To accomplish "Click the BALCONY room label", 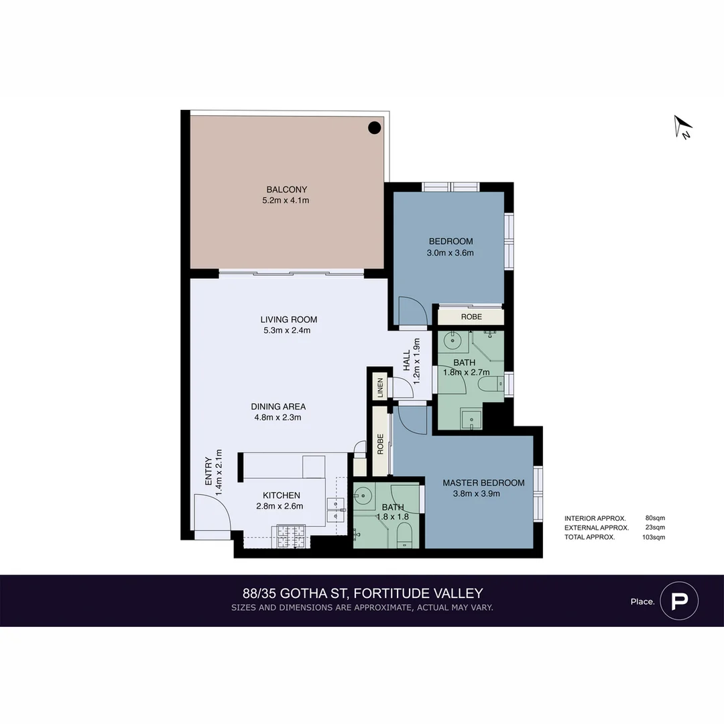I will (286, 190).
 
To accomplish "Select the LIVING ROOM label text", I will (289, 320).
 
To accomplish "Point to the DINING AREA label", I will (278, 406).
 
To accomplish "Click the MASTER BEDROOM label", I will (483, 483).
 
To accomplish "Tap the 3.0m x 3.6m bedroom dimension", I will (450, 253).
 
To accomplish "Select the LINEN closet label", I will (380, 387).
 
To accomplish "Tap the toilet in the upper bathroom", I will (489, 384).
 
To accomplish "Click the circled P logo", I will (679, 600).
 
